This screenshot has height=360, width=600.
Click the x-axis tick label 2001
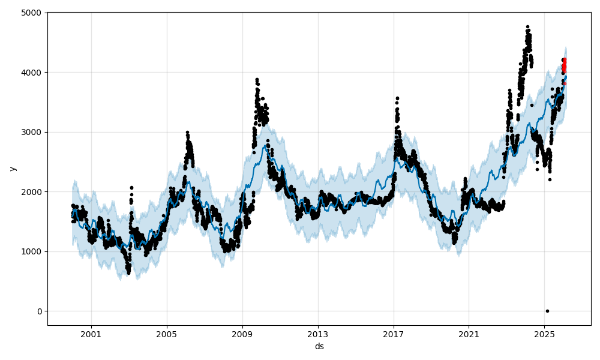(91, 333)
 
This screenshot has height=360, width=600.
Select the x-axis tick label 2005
(167, 333)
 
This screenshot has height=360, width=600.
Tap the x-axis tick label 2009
(242, 333)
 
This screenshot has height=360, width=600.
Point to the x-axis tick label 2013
(318, 333)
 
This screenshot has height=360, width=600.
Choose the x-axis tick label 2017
(394, 333)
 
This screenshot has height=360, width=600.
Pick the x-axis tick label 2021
(469, 333)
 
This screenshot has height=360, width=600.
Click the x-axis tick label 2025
(544, 333)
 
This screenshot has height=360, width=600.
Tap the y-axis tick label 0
(40, 311)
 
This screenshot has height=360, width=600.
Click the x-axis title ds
(319, 346)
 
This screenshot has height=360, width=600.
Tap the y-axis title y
(12, 169)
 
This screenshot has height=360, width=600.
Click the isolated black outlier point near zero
(547, 311)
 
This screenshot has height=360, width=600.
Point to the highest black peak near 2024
(527, 27)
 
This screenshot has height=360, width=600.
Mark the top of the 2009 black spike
(257, 79)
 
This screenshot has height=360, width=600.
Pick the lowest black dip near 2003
(128, 272)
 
